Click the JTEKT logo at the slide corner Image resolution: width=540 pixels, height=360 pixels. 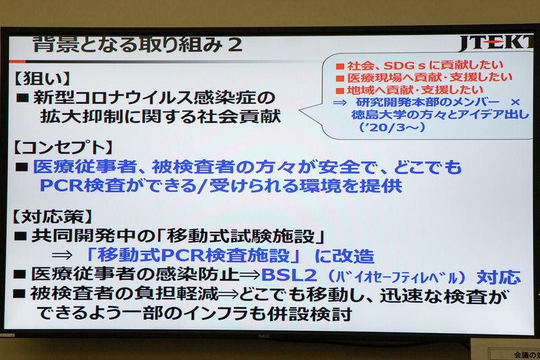496,44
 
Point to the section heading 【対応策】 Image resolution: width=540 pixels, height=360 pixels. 51,217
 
